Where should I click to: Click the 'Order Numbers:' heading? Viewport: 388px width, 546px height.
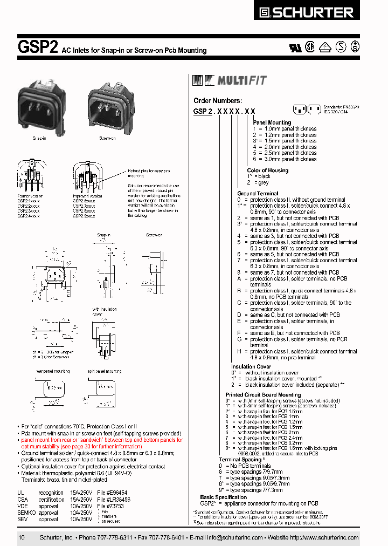coord(218,100)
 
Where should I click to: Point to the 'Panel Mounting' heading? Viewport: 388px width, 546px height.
coord(272,122)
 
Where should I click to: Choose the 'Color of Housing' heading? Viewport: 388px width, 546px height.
coord(267,170)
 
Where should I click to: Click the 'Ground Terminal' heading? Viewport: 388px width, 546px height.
coord(258,193)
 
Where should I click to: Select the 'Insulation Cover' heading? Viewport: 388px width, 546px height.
coord(251,367)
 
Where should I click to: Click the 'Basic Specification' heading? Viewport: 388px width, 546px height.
coord(223,497)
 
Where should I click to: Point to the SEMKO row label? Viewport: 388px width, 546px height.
coord(25,513)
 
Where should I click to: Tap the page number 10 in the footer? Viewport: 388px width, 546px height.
coord(22,538)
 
